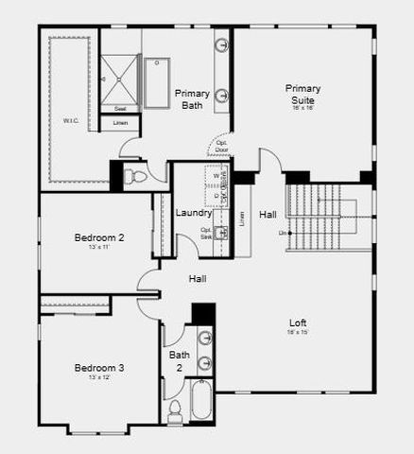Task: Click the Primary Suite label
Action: click(x=303, y=94)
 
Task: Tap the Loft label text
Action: click(x=298, y=323)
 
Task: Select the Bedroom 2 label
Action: click(x=99, y=237)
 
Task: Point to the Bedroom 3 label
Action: click(x=99, y=368)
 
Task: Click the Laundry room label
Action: click(x=194, y=213)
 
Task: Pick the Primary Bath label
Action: click(x=193, y=98)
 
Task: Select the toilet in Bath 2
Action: click(x=175, y=410)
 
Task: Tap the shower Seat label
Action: click(x=120, y=109)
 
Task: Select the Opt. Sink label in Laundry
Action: click(x=205, y=233)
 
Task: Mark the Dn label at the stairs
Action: click(x=282, y=233)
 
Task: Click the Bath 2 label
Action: click(x=179, y=361)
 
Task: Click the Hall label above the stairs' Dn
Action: click(x=268, y=214)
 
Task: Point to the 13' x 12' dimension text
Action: click(x=99, y=377)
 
